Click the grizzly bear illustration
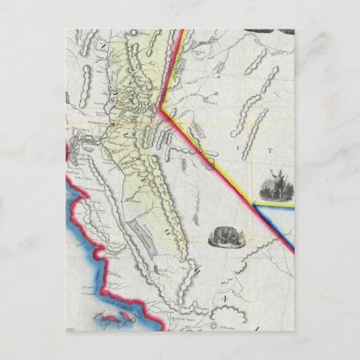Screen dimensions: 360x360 pyautogui.click(x=225, y=236)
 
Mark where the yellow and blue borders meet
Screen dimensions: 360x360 pyautogui.click(x=255, y=202)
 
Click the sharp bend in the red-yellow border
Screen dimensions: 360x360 pyautogui.click(x=160, y=108)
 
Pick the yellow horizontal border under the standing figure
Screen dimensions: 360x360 pyautogui.click(x=276, y=203)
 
